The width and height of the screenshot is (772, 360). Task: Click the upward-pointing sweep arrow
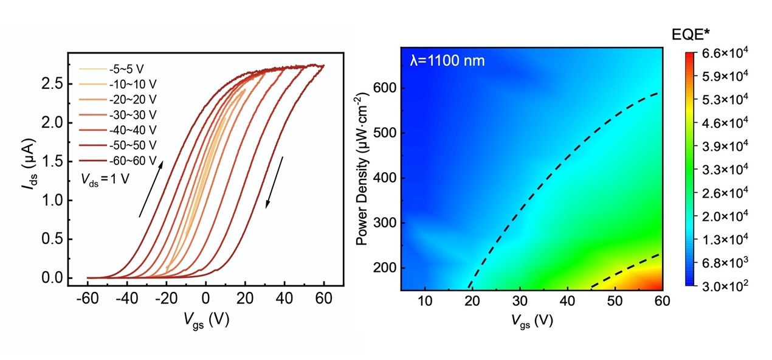pyautogui.click(x=151, y=188)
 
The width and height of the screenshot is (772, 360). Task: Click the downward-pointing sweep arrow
pyautogui.click(x=274, y=182)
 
